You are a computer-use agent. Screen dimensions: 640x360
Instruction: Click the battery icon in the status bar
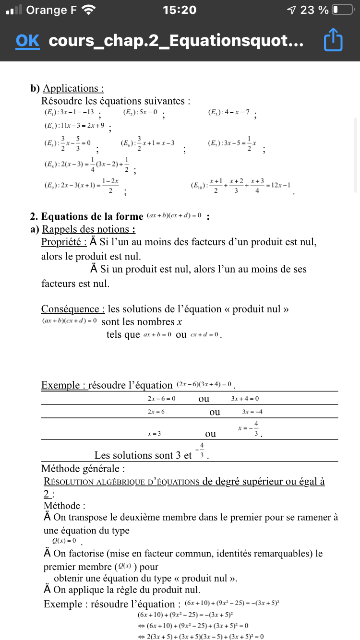tap(342, 10)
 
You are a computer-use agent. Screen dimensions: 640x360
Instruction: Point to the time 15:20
tap(180, 10)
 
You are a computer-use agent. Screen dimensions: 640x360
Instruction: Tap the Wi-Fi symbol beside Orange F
tap(89, 10)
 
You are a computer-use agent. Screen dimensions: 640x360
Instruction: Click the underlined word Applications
tap(73, 88)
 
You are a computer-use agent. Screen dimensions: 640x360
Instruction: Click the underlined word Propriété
tap(64, 242)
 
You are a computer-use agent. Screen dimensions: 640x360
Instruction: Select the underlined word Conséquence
tap(73, 309)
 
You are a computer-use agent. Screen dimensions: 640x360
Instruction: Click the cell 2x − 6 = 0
tap(162, 399)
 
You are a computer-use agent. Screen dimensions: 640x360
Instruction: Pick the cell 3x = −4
tap(252, 412)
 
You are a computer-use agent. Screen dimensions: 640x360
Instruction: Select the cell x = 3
tap(154, 434)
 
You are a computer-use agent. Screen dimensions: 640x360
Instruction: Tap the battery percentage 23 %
tap(314, 10)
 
